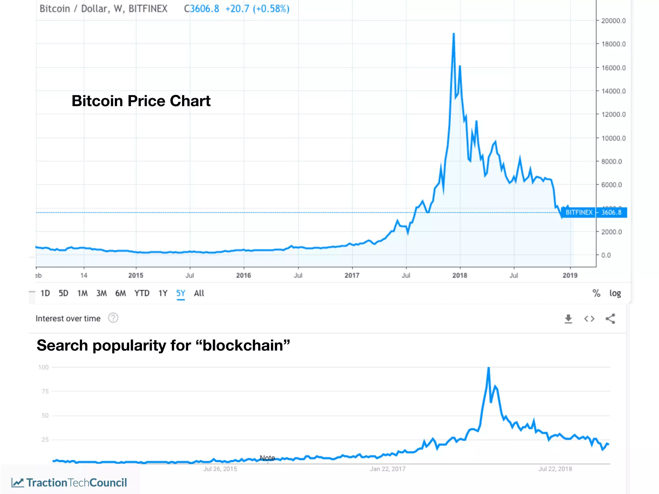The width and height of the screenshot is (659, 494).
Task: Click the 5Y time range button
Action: [x=181, y=293]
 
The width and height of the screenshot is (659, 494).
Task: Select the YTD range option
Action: [x=142, y=293]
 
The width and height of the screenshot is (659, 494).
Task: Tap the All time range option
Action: [x=199, y=293]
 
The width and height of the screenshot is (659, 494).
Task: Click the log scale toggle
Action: [x=615, y=293]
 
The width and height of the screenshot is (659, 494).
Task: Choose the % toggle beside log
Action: [x=596, y=293]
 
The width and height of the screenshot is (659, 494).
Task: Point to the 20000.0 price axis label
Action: [x=613, y=21]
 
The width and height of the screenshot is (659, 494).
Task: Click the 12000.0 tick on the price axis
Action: [x=613, y=114]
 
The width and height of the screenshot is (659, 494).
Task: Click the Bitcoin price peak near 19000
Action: [x=454, y=34]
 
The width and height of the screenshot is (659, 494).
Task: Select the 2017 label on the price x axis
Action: [x=352, y=275]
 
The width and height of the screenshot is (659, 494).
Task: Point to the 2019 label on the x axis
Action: [x=570, y=275]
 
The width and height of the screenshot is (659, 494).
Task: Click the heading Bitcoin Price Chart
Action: [x=141, y=101]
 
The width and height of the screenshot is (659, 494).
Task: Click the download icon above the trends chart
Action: [x=568, y=319]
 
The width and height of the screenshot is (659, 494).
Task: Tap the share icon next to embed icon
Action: [x=610, y=319]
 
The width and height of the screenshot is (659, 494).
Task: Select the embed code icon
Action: [x=589, y=319]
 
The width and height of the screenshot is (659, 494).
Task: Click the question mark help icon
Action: [x=113, y=318]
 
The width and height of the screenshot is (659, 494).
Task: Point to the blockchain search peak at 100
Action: [x=488, y=369]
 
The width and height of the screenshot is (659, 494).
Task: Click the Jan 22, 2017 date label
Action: [x=387, y=469]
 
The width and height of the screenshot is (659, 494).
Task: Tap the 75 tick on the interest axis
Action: [x=45, y=391]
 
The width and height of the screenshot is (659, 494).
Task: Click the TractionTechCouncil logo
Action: [x=70, y=482]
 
